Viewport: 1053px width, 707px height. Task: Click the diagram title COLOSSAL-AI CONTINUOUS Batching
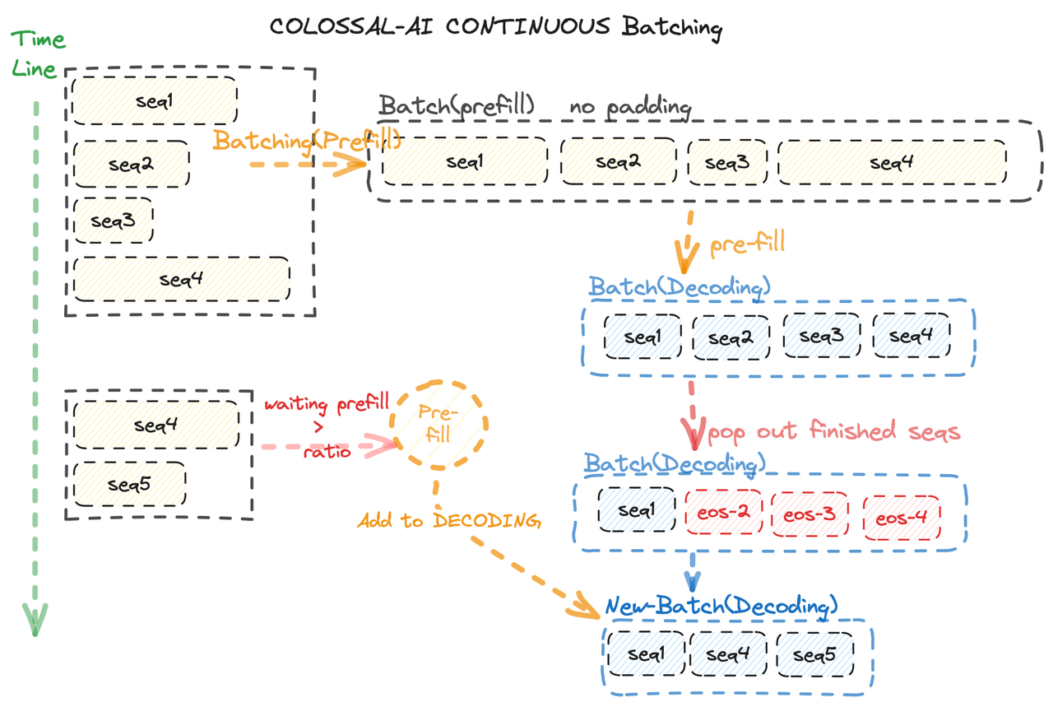(496, 26)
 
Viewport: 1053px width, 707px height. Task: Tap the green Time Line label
(37, 53)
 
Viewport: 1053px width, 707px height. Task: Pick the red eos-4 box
(902, 518)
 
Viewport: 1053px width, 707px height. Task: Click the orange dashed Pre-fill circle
(438, 425)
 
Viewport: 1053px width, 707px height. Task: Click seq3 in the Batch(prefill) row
(726, 162)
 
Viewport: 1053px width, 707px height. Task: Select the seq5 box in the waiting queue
(129, 484)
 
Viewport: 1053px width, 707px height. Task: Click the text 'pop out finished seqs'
(833, 431)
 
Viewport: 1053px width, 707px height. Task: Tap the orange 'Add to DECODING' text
(448, 520)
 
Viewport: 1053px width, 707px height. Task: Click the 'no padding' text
(631, 107)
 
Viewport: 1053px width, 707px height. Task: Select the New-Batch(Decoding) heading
(721, 606)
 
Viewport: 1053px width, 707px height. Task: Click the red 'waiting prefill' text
(326, 405)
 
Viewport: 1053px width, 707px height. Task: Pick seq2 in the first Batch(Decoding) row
(731, 337)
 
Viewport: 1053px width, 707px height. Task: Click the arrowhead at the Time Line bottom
(35, 619)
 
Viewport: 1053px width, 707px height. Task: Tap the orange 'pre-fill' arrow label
(747, 243)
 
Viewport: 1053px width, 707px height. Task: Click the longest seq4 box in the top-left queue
(181, 280)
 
